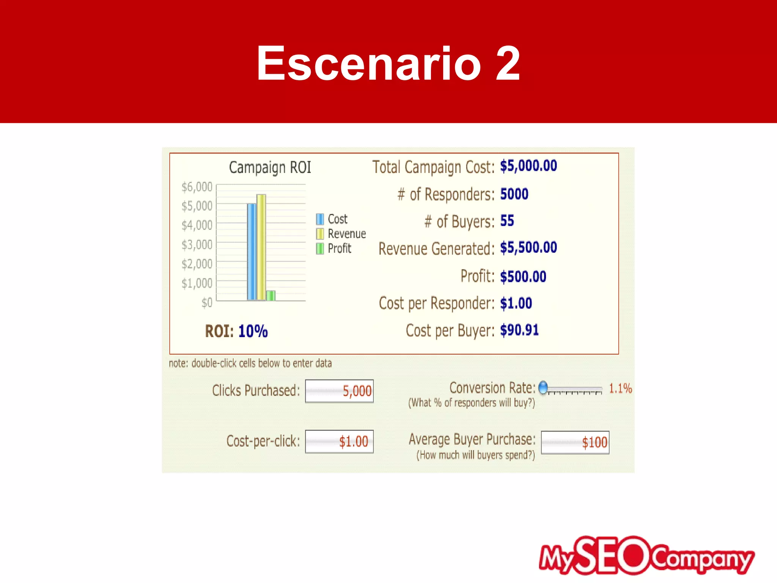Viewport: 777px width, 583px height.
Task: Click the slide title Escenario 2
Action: (388, 63)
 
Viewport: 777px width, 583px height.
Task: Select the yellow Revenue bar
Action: (261, 247)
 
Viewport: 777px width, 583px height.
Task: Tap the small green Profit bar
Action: (271, 295)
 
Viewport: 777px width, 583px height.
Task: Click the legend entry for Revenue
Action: (341, 234)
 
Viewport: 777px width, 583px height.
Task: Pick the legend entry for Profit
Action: (334, 249)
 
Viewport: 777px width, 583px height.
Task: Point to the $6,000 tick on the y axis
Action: (197, 187)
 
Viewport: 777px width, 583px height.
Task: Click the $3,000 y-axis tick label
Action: (197, 244)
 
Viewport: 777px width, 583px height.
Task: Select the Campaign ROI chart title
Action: (270, 167)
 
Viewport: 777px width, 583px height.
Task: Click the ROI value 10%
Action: (253, 331)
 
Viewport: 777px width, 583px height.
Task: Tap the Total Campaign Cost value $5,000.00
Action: (528, 166)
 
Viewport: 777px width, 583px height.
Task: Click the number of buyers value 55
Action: (507, 221)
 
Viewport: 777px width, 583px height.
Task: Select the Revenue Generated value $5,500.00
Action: (528, 248)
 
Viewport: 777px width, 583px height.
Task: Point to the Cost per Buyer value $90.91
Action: (519, 330)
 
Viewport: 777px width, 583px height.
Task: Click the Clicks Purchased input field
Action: (339, 391)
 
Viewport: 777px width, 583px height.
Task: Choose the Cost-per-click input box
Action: (339, 441)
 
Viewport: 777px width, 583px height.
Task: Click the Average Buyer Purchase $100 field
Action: (575, 443)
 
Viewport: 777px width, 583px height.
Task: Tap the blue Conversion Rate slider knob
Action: (543, 388)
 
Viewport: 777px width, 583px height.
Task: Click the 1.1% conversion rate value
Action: (620, 389)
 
